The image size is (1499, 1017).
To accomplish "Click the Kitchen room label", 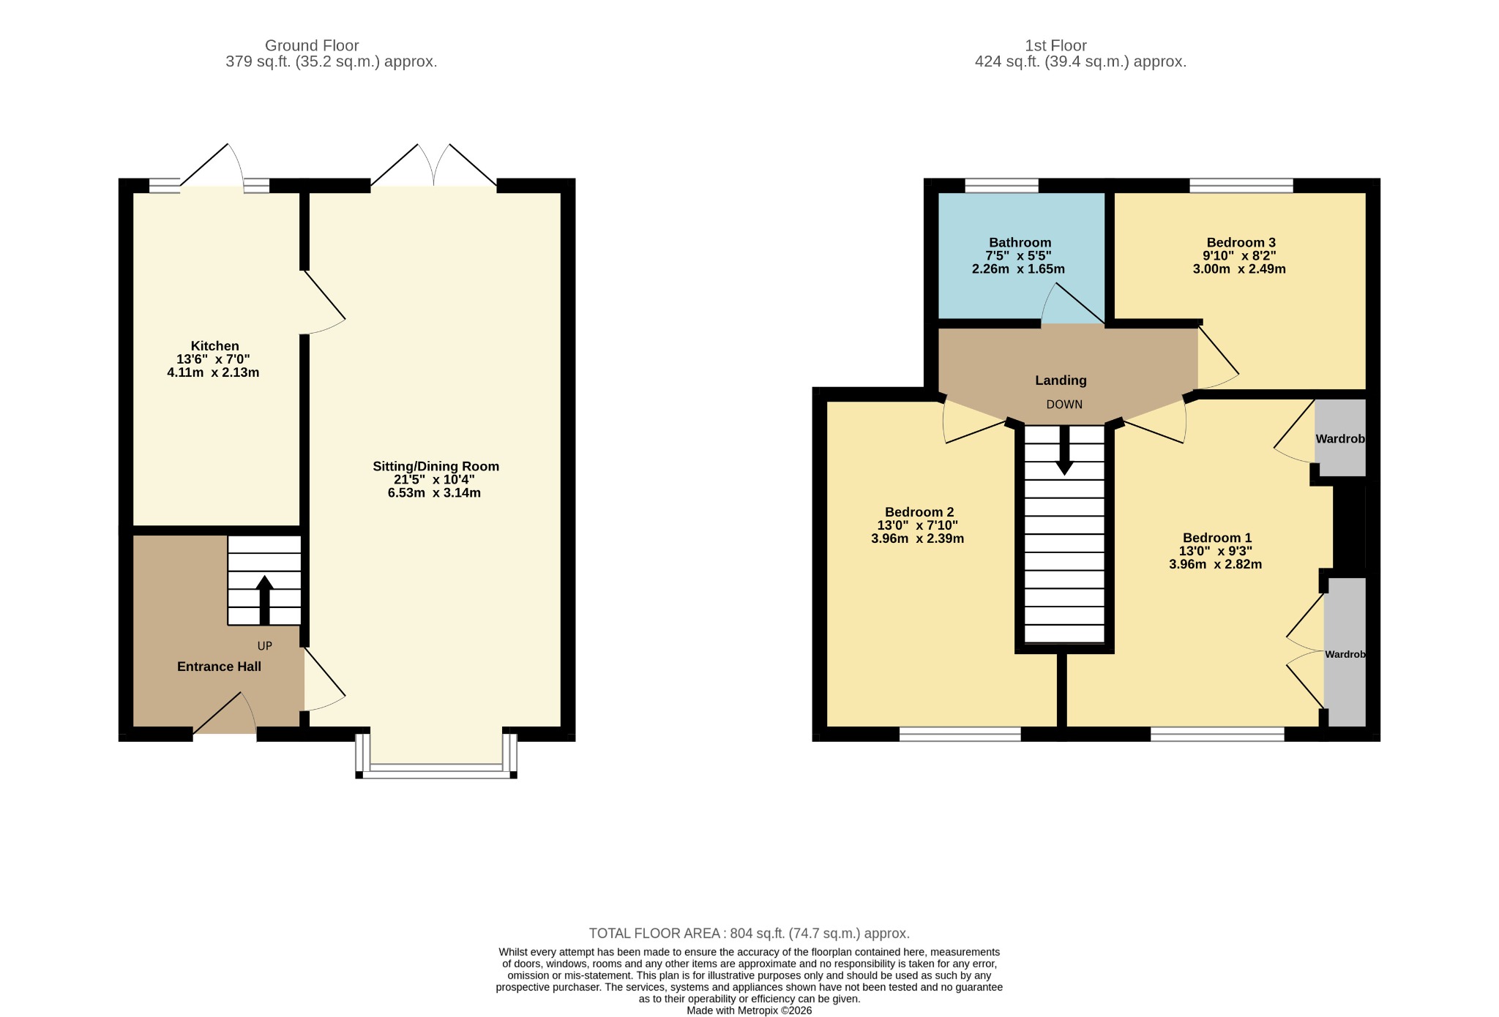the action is (x=214, y=346).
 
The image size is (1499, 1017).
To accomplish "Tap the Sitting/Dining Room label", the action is (x=436, y=466).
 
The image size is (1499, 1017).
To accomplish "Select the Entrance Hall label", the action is (x=219, y=667).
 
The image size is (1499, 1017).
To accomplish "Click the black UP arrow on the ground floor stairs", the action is (x=264, y=600).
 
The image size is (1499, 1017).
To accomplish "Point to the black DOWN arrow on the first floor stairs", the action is (x=1064, y=450).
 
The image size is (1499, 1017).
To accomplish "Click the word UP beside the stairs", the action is (x=265, y=646).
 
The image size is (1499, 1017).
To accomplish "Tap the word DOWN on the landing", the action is (x=1064, y=405).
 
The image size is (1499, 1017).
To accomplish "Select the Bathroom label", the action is (x=1020, y=242).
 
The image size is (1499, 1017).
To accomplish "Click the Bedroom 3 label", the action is (x=1241, y=242).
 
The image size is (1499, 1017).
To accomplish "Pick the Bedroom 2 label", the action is (x=919, y=512).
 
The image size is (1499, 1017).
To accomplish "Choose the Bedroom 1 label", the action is (x=1216, y=538).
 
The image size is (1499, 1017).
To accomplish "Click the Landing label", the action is (x=1061, y=380).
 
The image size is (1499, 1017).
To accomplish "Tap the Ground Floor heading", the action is (x=312, y=45).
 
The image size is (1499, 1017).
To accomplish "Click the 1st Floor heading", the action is (x=1055, y=45).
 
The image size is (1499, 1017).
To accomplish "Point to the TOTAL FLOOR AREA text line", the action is (x=749, y=934).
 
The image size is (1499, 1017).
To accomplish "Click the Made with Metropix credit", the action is (x=749, y=1010).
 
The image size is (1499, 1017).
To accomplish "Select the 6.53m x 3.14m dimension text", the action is (x=434, y=493).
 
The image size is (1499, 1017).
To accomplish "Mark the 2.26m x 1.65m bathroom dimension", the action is (x=1018, y=269).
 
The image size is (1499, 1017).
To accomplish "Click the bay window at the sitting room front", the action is (x=436, y=769).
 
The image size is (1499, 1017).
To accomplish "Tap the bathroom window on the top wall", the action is (x=1001, y=186).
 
